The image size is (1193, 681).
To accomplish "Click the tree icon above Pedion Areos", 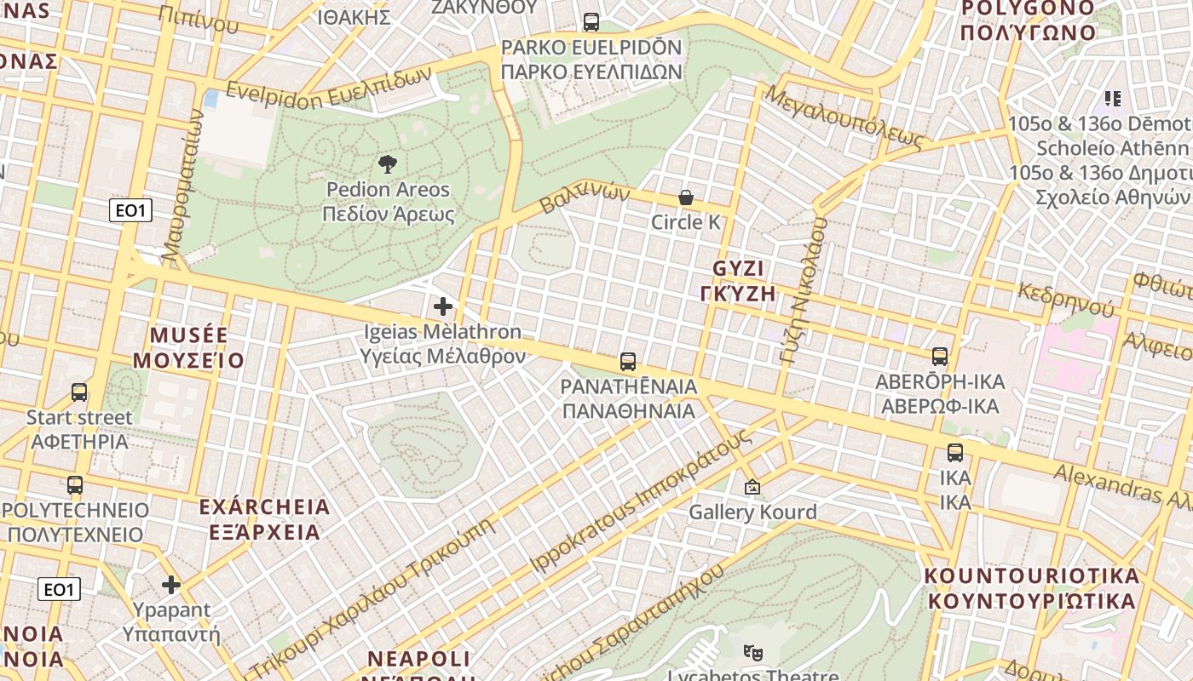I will (388, 163).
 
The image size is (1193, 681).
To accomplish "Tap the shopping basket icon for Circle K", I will (686, 197).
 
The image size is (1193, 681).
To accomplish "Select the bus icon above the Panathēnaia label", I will (628, 362).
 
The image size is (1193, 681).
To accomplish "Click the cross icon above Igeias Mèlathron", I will (443, 306).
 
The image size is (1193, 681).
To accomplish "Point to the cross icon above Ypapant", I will (171, 585).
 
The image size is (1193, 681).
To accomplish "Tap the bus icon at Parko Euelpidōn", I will (591, 22).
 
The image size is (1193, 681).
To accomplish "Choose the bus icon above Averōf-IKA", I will (940, 357).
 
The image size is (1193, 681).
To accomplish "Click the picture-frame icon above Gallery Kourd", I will (752, 488).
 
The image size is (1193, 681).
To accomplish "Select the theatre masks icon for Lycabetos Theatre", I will (752, 652).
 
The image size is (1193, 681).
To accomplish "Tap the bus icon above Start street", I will (79, 392).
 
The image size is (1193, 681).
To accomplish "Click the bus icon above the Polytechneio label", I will (75, 485).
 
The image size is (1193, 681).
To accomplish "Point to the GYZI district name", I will (738, 269).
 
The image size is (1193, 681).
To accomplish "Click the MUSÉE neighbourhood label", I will (188, 335).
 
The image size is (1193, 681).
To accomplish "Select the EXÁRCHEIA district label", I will (263, 507).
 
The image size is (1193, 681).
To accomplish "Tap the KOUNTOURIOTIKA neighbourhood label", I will (1032, 576).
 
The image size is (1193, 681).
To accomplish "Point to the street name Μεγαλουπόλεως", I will (844, 117).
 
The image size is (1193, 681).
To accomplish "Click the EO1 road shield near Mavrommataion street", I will (130, 210).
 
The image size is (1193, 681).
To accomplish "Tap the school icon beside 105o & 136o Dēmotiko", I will (1112, 99).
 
